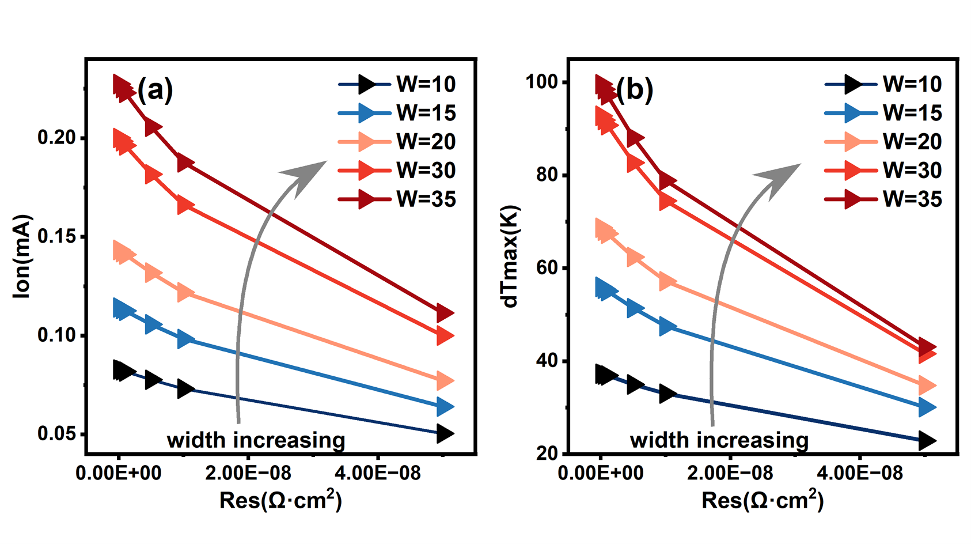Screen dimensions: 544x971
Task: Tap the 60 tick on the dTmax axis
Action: coord(547,268)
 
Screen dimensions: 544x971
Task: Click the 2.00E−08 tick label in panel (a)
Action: coord(248,474)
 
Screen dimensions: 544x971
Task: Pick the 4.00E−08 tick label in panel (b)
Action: coord(860,474)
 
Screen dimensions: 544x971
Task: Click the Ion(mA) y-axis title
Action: coord(22,257)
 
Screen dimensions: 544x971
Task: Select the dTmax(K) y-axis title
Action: coord(511,257)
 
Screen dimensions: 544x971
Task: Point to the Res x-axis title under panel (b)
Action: coord(763,500)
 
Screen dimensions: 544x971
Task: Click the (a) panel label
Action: coord(155,90)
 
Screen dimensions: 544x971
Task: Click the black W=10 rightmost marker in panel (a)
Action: coord(445,433)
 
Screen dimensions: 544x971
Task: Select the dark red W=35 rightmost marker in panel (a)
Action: coord(445,313)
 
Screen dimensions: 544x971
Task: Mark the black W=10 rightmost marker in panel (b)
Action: coord(927,441)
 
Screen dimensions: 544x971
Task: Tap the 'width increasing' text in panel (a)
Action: coord(256,440)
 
